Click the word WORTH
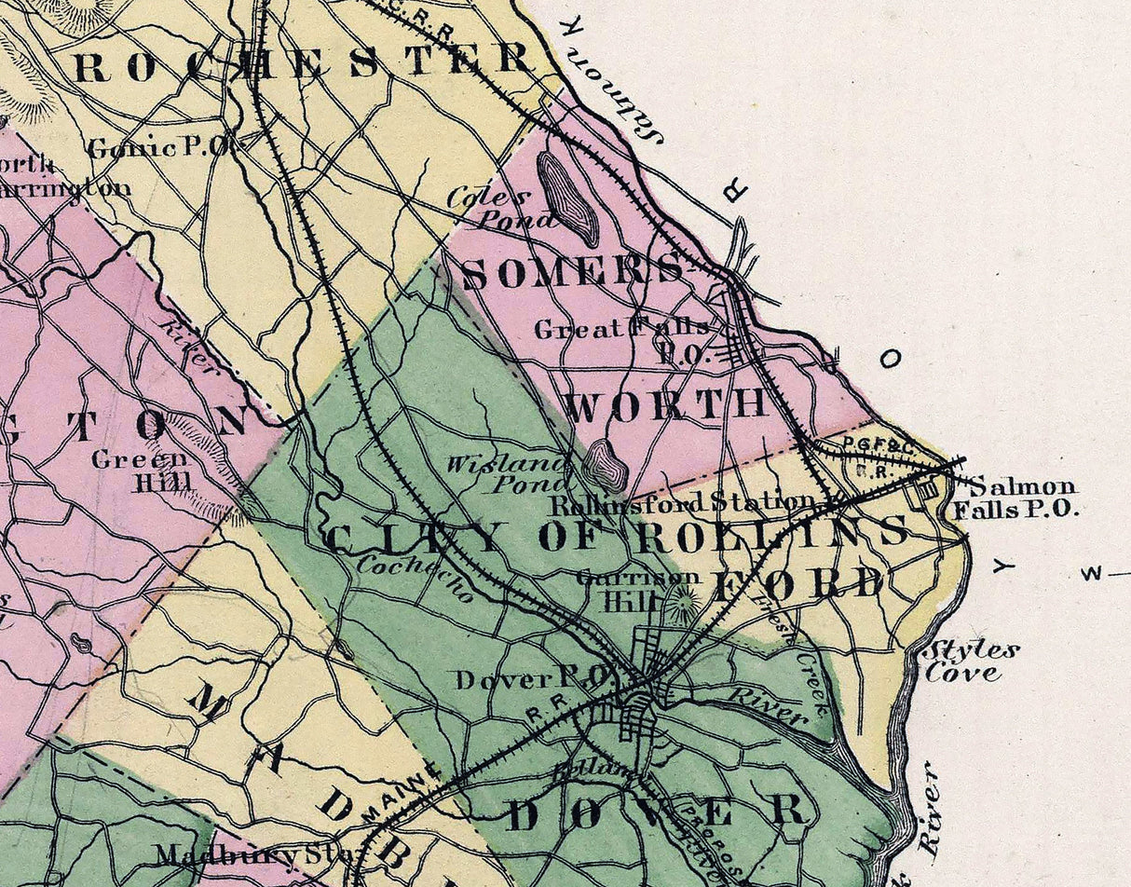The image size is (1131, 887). [x=665, y=404]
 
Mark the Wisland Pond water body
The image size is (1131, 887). [x=606, y=464]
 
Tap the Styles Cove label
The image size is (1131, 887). [x=969, y=661]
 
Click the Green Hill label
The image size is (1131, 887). [x=140, y=471]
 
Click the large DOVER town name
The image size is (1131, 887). [x=657, y=813]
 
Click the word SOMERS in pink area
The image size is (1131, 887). [x=572, y=273]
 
